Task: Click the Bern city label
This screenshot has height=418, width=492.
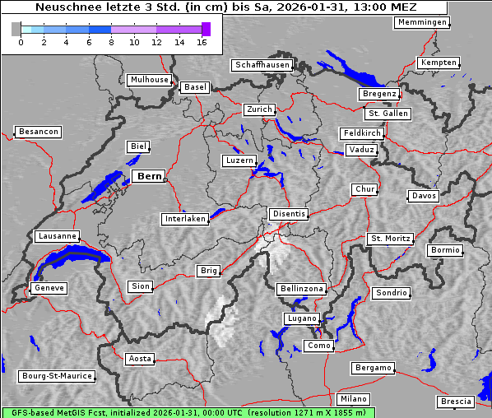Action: point(149,176)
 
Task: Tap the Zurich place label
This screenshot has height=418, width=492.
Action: point(259,109)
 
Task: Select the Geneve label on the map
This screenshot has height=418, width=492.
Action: point(49,288)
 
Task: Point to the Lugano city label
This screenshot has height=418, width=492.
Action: point(301,318)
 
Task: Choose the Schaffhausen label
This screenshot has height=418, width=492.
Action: point(262,64)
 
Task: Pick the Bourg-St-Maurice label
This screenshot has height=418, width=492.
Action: point(57,376)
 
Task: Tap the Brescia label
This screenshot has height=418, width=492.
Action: point(457,402)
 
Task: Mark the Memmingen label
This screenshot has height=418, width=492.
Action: point(422,22)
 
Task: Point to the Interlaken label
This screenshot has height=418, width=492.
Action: point(185,219)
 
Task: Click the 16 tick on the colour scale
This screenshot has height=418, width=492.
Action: point(202,42)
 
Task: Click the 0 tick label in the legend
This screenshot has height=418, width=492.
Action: point(21,42)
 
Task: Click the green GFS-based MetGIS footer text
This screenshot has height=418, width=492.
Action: point(188,412)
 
